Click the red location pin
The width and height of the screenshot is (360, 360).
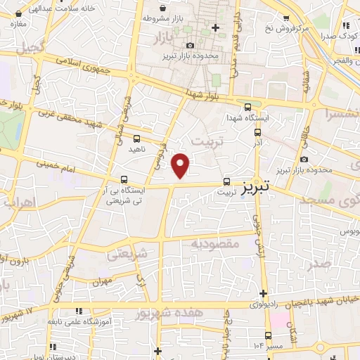(181, 165)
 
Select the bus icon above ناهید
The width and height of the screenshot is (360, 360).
(136, 139)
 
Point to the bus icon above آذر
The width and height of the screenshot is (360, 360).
(257, 131)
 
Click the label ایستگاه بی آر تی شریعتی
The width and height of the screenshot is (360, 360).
(124, 195)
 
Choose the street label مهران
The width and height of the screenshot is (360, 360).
(102, 281)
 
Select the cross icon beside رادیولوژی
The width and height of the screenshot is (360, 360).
(263, 293)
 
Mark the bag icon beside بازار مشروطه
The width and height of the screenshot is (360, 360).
(146, 17)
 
